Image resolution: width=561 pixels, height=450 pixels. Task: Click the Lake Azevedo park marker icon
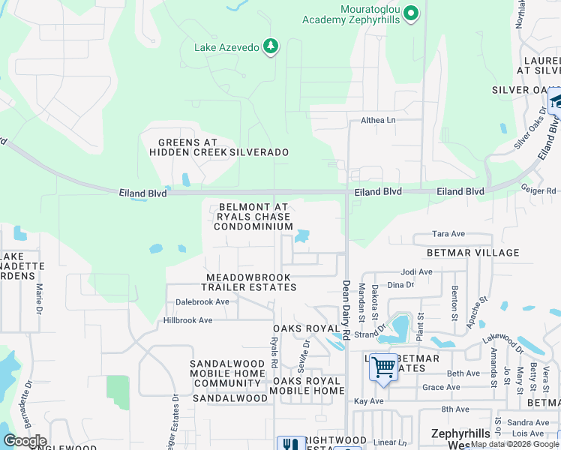271,48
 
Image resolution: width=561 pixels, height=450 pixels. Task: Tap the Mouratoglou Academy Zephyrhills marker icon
410,13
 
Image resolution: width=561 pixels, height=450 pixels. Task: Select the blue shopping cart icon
383,367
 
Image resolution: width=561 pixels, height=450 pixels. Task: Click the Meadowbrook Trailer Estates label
250,282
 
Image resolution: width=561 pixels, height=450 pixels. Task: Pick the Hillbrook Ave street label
188,320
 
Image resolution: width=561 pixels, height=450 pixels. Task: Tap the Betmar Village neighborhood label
472,253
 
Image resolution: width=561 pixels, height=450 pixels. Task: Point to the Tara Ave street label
450,234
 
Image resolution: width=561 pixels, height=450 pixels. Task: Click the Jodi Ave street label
417,272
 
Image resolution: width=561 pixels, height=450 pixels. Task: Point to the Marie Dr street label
37,298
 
